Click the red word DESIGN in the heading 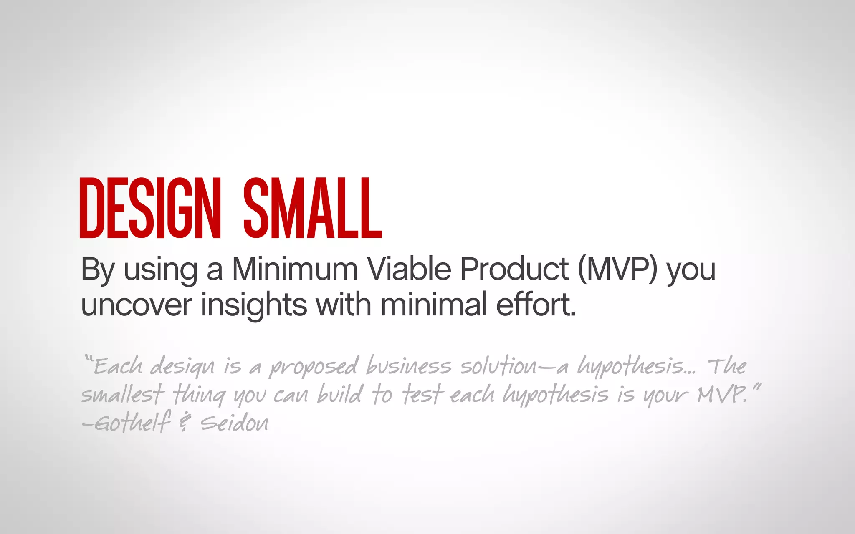click(x=149, y=208)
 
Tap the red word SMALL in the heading click(x=312, y=208)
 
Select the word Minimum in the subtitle click(x=295, y=269)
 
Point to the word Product click(x=514, y=269)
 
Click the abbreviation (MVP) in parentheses click(x=618, y=270)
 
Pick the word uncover click(x=136, y=305)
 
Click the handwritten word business click(x=408, y=366)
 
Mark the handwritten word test click(x=421, y=394)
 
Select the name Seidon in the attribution click(x=234, y=423)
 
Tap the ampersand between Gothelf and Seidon click(x=184, y=423)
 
